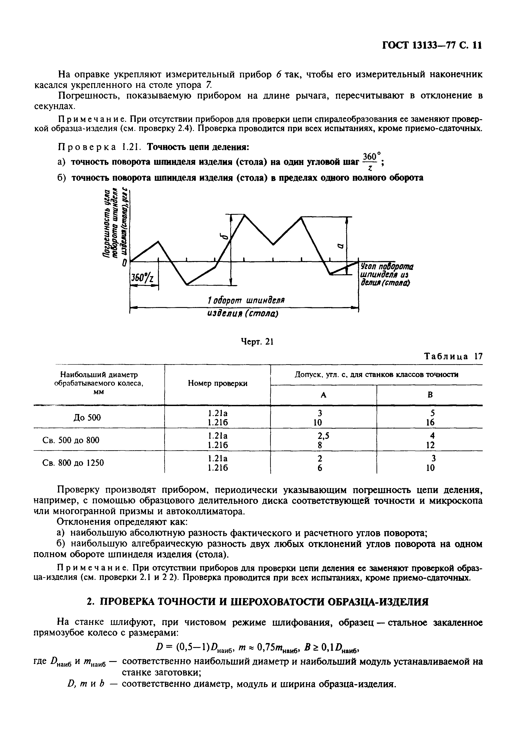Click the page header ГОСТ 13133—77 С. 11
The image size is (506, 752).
pos(431,45)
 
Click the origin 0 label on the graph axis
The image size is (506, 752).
pos(124,264)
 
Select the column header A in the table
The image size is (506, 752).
pos(323,395)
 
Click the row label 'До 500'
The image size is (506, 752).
pos(87,418)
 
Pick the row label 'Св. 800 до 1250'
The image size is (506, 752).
pos(74,463)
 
